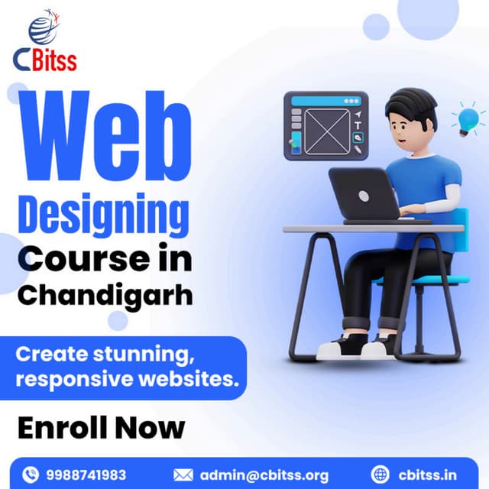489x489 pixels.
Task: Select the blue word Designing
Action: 103,216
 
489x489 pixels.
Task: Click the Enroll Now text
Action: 101,428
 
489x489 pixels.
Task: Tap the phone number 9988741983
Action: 86,474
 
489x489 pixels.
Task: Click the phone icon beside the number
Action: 31,474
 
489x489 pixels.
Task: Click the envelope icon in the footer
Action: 183,474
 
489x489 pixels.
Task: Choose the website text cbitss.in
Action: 427,474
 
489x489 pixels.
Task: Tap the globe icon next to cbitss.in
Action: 381,474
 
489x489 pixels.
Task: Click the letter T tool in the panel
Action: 358,125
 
